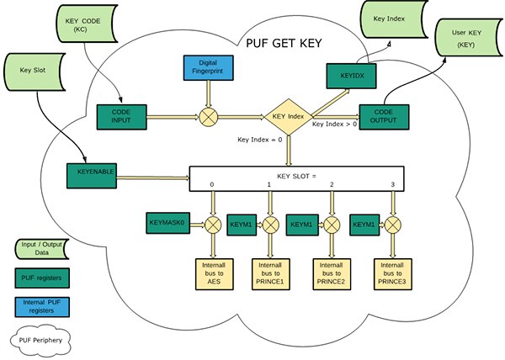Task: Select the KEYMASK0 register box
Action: click(171, 225)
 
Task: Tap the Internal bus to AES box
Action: click(213, 275)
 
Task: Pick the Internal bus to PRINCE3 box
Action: click(392, 275)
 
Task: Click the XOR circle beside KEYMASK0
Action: click(213, 225)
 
